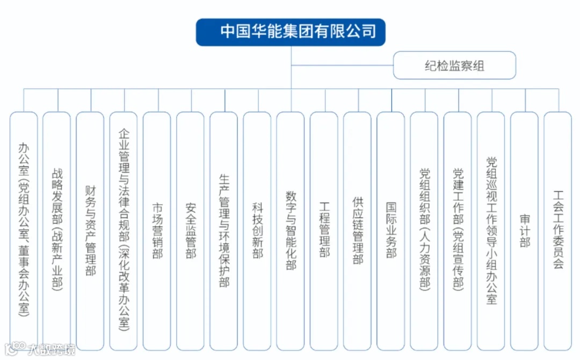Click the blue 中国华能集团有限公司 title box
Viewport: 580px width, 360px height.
[291, 32]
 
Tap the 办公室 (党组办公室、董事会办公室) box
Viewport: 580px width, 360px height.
[24, 231]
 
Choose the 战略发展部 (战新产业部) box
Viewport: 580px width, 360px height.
[57, 231]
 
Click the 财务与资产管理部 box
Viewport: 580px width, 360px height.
[90, 231]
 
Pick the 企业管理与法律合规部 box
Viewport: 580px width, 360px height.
[124, 231]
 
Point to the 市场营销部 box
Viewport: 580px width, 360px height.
[157, 231]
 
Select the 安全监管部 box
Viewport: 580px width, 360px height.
[190, 231]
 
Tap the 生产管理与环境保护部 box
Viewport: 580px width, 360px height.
[224, 231]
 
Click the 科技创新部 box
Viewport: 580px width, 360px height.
[257, 231]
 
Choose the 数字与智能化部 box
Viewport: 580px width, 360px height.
[291, 231]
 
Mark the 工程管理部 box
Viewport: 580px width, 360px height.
[324, 231]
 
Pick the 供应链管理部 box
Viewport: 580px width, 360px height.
[357, 231]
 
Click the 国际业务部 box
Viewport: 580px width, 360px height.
[391, 231]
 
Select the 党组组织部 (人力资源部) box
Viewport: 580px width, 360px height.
[424, 231]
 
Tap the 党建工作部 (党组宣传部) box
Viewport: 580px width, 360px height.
[458, 231]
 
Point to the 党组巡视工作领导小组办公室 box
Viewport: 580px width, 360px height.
[491, 231]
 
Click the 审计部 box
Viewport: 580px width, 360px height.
[524, 231]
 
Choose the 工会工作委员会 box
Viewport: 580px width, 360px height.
[557, 231]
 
